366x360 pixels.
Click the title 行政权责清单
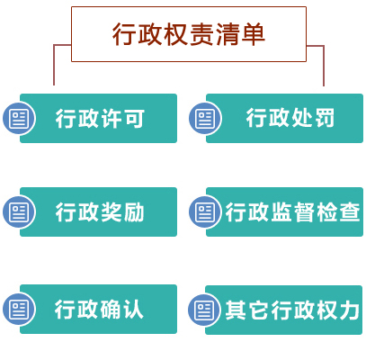189,34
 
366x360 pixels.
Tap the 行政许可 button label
100,118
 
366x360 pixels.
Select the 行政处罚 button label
290,118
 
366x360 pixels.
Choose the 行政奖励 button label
100,211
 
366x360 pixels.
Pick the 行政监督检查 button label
292,211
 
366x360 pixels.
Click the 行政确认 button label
99,309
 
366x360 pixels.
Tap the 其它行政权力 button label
292,310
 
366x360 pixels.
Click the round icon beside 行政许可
19,118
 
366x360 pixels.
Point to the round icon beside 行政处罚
205,118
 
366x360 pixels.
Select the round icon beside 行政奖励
19,211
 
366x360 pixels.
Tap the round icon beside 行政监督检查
205,211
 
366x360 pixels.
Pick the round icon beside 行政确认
19,309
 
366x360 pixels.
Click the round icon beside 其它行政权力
204,310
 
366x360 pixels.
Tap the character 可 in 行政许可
135,119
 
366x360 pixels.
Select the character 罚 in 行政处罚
325,118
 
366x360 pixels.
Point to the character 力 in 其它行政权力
350,310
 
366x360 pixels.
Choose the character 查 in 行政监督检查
350,211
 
